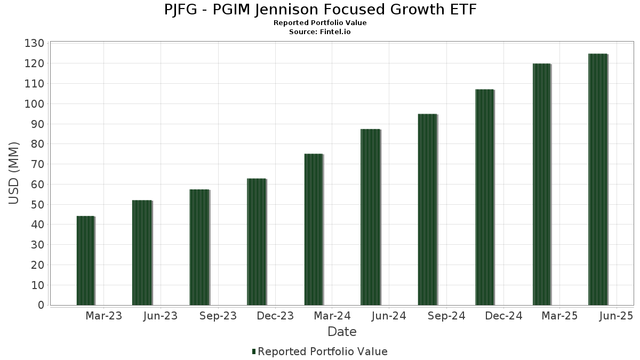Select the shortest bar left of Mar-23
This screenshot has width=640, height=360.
coord(85,261)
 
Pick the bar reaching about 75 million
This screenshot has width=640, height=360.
coord(314,230)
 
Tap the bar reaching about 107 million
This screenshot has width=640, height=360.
coord(484,197)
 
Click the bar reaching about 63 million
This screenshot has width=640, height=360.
coord(256,242)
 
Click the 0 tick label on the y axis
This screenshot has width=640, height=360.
coord(41,305)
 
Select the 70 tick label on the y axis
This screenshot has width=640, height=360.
coord(37,164)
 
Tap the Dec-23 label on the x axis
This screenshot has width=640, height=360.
coord(275,316)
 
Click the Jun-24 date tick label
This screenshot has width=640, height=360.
coord(389,316)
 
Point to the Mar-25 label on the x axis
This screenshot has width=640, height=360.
coord(559,316)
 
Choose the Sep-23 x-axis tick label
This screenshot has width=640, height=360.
coord(218,316)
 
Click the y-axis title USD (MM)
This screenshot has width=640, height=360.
coord(14,173)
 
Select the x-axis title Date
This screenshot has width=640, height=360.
coord(342,332)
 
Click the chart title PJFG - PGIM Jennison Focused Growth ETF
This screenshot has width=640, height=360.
coord(320,10)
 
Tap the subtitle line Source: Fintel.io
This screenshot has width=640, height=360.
coord(320,31)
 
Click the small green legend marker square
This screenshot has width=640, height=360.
coord(254,351)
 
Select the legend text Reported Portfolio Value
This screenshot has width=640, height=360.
coord(323,351)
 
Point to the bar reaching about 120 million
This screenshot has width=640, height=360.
coord(541,185)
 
